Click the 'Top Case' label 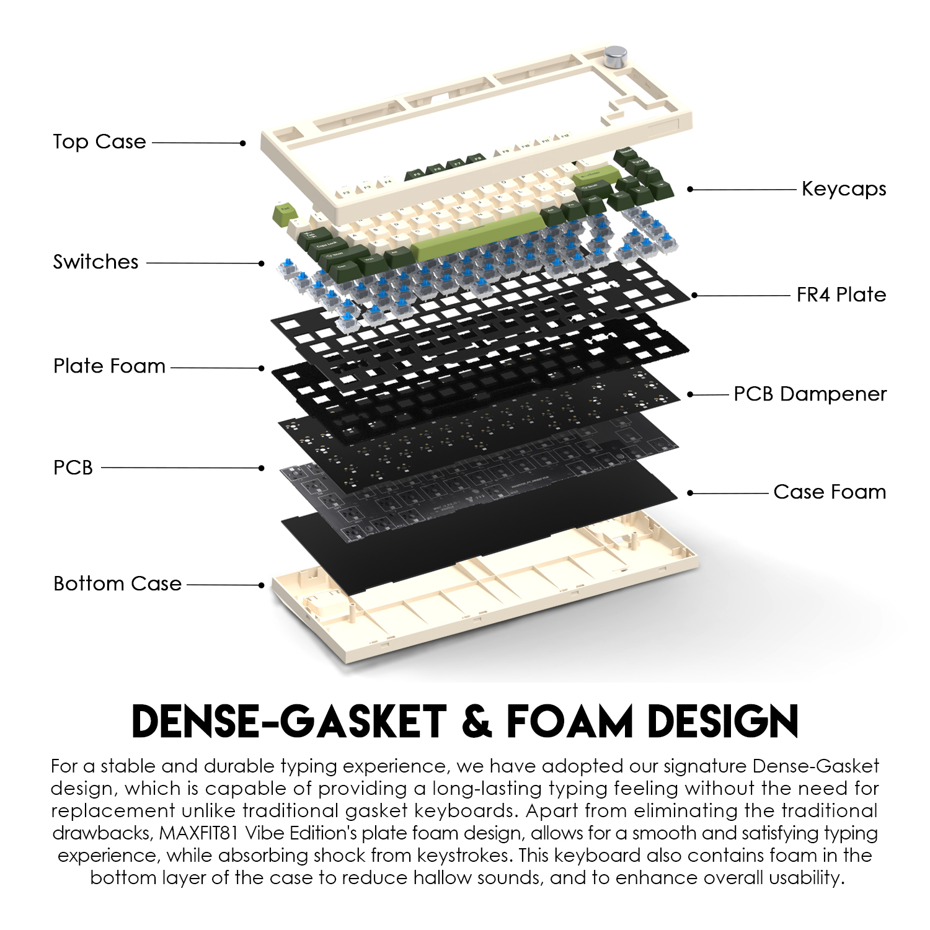click(99, 142)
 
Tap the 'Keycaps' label click(843, 188)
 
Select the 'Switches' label click(95, 262)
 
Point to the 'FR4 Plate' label click(841, 294)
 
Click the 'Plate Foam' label click(109, 366)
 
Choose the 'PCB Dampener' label click(810, 394)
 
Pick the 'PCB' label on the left click(73, 467)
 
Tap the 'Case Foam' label click(830, 492)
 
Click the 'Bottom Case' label click(117, 583)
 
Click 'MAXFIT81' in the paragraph click(198, 833)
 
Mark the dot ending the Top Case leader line click(243, 143)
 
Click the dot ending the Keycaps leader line click(691, 189)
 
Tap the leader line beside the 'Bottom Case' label click(223, 584)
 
